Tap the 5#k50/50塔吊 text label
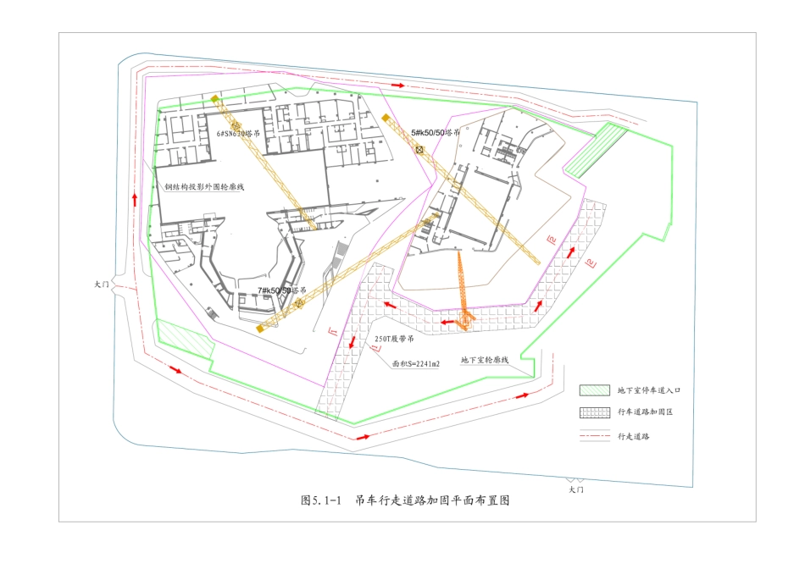(436, 133)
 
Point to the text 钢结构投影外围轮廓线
(204, 187)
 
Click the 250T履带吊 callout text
(393, 340)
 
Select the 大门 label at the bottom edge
(576, 489)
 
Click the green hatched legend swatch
(595, 390)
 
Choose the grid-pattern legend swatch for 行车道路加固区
(595, 412)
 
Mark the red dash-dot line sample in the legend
(595, 437)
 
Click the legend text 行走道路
(635, 437)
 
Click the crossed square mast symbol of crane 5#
(419, 150)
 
